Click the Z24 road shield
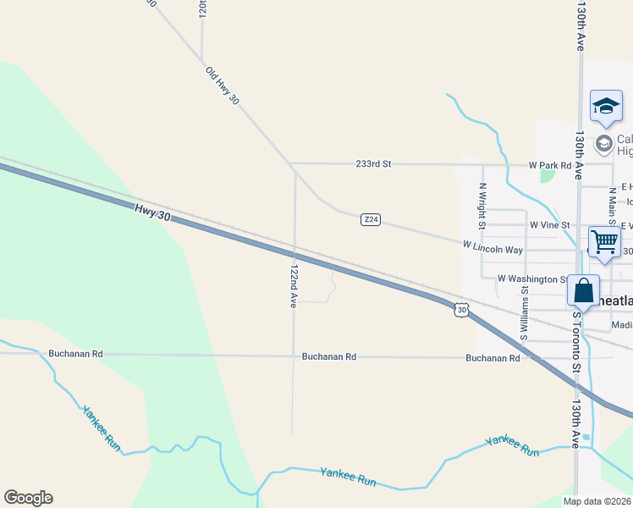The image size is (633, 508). coord(370,220)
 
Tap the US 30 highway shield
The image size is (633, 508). coord(460,310)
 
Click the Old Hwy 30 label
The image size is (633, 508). coord(223,87)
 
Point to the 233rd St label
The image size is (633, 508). coord(373,164)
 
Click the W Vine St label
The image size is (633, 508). coord(549,225)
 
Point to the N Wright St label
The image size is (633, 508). coord(482,207)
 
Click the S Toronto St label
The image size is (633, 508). coord(577,339)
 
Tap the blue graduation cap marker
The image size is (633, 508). coord(606,107)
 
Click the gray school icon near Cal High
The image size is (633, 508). coord(604,143)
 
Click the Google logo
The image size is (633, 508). coord(28,498)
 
